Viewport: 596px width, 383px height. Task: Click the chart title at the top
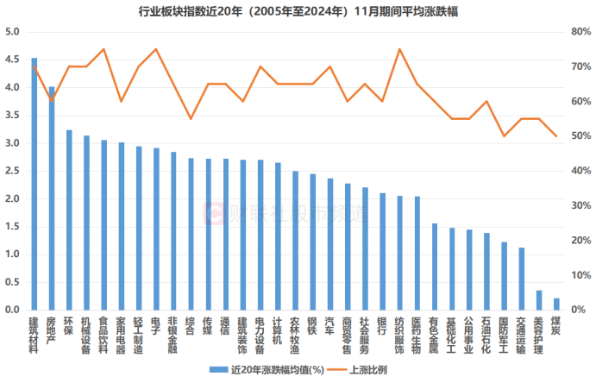(x=298, y=11)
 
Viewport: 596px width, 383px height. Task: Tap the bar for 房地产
(x=52, y=198)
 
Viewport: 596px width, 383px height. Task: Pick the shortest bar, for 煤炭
(x=556, y=305)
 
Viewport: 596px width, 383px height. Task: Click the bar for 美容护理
(x=539, y=300)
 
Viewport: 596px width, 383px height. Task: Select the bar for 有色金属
(x=435, y=267)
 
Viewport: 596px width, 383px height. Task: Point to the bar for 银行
(x=382, y=251)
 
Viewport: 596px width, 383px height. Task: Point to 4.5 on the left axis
(x=13, y=60)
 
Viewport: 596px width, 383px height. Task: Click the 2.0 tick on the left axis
(x=13, y=198)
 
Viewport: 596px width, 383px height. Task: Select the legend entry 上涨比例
(x=372, y=369)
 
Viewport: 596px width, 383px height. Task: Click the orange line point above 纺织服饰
(x=399, y=49)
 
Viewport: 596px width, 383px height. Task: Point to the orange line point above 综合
(x=191, y=118)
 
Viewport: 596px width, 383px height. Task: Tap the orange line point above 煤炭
(x=556, y=136)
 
